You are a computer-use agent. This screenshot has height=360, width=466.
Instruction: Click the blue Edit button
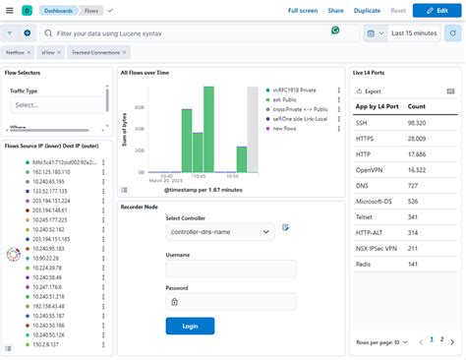pos(437,10)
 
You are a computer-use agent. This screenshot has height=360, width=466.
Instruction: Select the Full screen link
pos(302,10)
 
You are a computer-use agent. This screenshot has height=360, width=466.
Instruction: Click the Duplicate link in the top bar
pos(367,10)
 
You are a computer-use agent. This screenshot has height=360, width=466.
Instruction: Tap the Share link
pos(335,10)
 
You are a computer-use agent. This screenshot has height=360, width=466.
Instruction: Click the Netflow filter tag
pos(16,53)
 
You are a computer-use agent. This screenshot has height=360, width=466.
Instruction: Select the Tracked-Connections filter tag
pos(96,53)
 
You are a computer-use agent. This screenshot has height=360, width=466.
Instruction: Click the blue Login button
pos(190,325)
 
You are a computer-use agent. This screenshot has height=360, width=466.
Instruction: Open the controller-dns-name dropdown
pos(219,231)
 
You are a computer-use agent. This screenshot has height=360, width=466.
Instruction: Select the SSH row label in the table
pos(362,123)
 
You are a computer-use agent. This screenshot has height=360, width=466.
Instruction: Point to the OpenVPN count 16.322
pos(417,170)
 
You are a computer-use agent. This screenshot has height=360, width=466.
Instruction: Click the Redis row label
pos(363,265)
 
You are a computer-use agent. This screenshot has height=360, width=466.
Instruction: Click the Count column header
pos(417,105)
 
